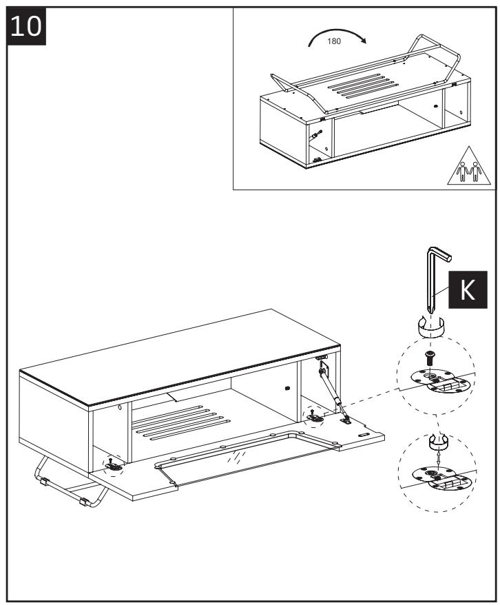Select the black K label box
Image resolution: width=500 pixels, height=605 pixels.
tap(467, 290)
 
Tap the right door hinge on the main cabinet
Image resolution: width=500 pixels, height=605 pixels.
tap(314, 416)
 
